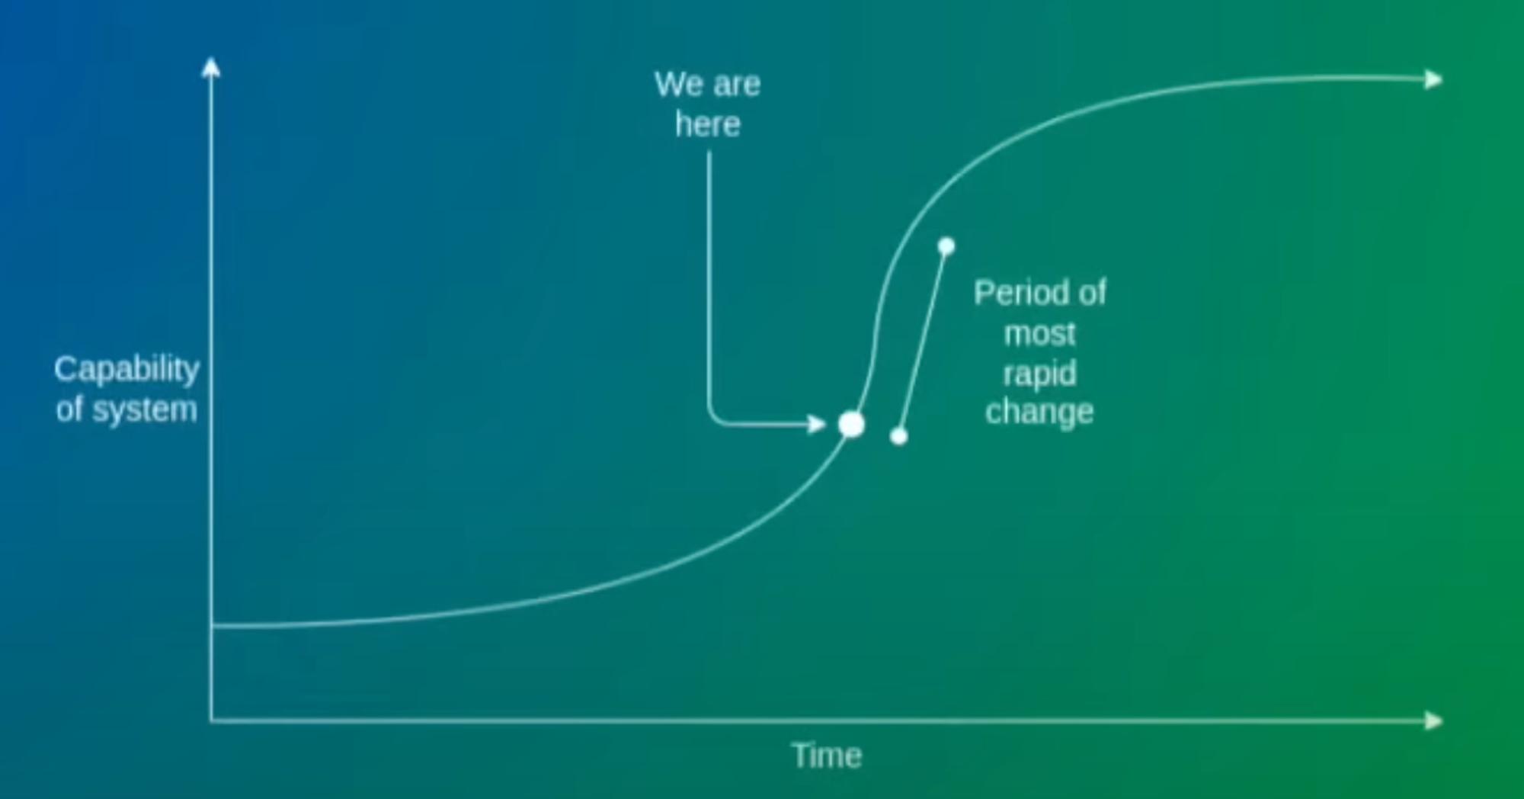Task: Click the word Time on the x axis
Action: pyautogui.click(x=827, y=756)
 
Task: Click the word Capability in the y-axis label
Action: pyautogui.click(x=126, y=371)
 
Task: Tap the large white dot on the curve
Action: pyautogui.click(x=851, y=425)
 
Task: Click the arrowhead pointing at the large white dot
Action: pyautogui.click(x=817, y=424)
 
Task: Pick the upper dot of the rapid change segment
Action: pyautogui.click(x=946, y=246)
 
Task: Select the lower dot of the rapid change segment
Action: pyautogui.click(x=899, y=436)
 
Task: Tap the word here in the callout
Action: pyautogui.click(x=708, y=124)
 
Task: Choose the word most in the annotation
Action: pyautogui.click(x=1039, y=334)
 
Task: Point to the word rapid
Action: pyautogui.click(x=1039, y=374)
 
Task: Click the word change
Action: pyautogui.click(x=1039, y=412)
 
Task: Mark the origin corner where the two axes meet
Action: pyautogui.click(x=211, y=720)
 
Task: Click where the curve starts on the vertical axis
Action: pyautogui.click(x=212, y=626)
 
